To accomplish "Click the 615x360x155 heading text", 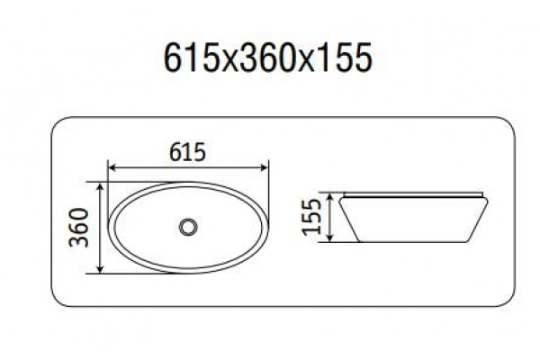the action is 268,58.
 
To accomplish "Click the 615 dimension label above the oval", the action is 188,151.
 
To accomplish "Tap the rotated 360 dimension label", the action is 79,228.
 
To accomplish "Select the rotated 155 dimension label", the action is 311,217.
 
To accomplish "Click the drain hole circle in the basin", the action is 188,228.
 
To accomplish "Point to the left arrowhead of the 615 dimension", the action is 112,167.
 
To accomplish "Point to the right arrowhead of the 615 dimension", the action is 264,167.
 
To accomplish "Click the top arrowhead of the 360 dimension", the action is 100,186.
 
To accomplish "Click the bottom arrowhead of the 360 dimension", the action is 100,269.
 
